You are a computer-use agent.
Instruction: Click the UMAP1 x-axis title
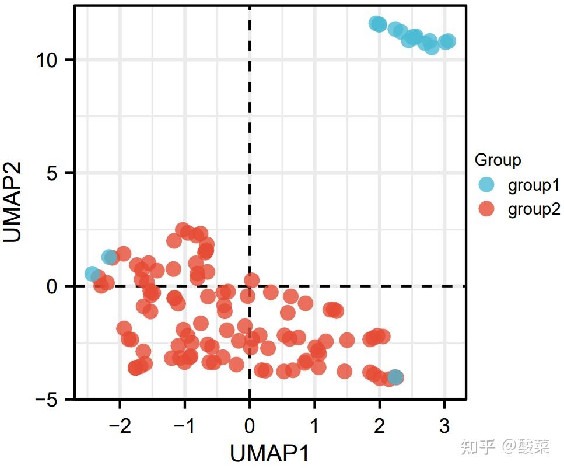point(269,453)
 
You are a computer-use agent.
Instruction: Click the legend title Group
point(498,159)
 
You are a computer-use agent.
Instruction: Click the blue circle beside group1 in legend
point(485,185)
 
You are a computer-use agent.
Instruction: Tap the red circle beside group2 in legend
point(485,209)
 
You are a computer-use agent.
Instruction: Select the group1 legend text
point(534,185)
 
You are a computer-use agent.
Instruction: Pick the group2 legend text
point(534,209)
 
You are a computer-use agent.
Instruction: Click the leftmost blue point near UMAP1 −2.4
point(92,274)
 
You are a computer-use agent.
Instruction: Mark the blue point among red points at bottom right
point(395,377)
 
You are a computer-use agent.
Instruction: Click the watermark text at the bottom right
point(505,447)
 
